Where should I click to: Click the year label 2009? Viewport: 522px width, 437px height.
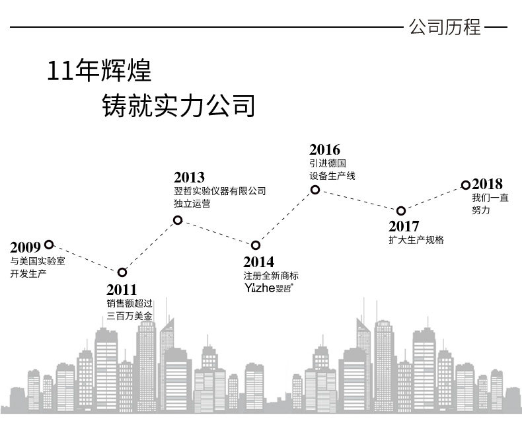click(x=25, y=247)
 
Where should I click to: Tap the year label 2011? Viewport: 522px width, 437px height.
click(x=122, y=290)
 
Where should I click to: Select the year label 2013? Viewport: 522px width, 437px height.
click(x=189, y=178)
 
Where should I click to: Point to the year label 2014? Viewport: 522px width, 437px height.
click(x=258, y=262)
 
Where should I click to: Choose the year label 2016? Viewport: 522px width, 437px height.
click(x=325, y=150)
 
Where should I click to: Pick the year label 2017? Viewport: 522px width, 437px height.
click(x=404, y=227)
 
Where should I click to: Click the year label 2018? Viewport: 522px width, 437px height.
click(x=487, y=184)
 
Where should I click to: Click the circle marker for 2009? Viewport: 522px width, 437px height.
click(x=49, y=245)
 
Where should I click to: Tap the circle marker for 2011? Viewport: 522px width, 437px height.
click(x=122, y=272)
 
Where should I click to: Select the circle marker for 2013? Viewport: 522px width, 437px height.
click(x=178, y=220)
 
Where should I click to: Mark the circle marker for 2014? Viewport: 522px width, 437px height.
click(x=256, y=245)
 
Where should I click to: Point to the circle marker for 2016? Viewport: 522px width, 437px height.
click(x=315, y=190)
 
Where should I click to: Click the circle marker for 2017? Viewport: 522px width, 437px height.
click(x=401, y=211)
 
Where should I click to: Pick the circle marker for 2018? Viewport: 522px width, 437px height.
click(x=466, y=185)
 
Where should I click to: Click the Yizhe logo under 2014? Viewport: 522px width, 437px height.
click(x=269, y=288)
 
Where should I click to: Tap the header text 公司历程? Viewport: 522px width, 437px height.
click(x=445, y=27)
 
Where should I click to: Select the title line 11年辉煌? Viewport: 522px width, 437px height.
click(x=99, y=71)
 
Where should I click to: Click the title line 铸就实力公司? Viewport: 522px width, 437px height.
click(x=178, y=106)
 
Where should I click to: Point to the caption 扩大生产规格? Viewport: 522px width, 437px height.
click(x=416, y=240)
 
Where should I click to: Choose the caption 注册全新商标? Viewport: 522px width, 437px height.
click(x=271, y=276)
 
